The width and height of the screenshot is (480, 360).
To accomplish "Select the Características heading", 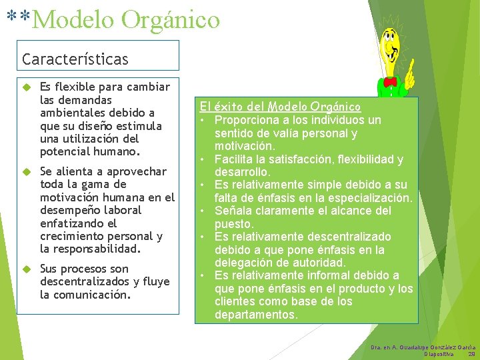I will pyautogui.click(x=75, y=59).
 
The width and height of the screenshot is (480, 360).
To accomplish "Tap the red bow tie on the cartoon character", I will pyautogui.click(x=389, y=81).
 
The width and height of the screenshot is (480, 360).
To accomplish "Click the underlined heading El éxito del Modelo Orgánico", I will pyautogui.click(x=281, y=107).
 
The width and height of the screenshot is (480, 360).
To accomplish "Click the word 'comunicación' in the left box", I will pyautogui.click(x=91, y=295).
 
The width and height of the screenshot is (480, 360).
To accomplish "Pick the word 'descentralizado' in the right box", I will pyautogui.click(x=349, y=237).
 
